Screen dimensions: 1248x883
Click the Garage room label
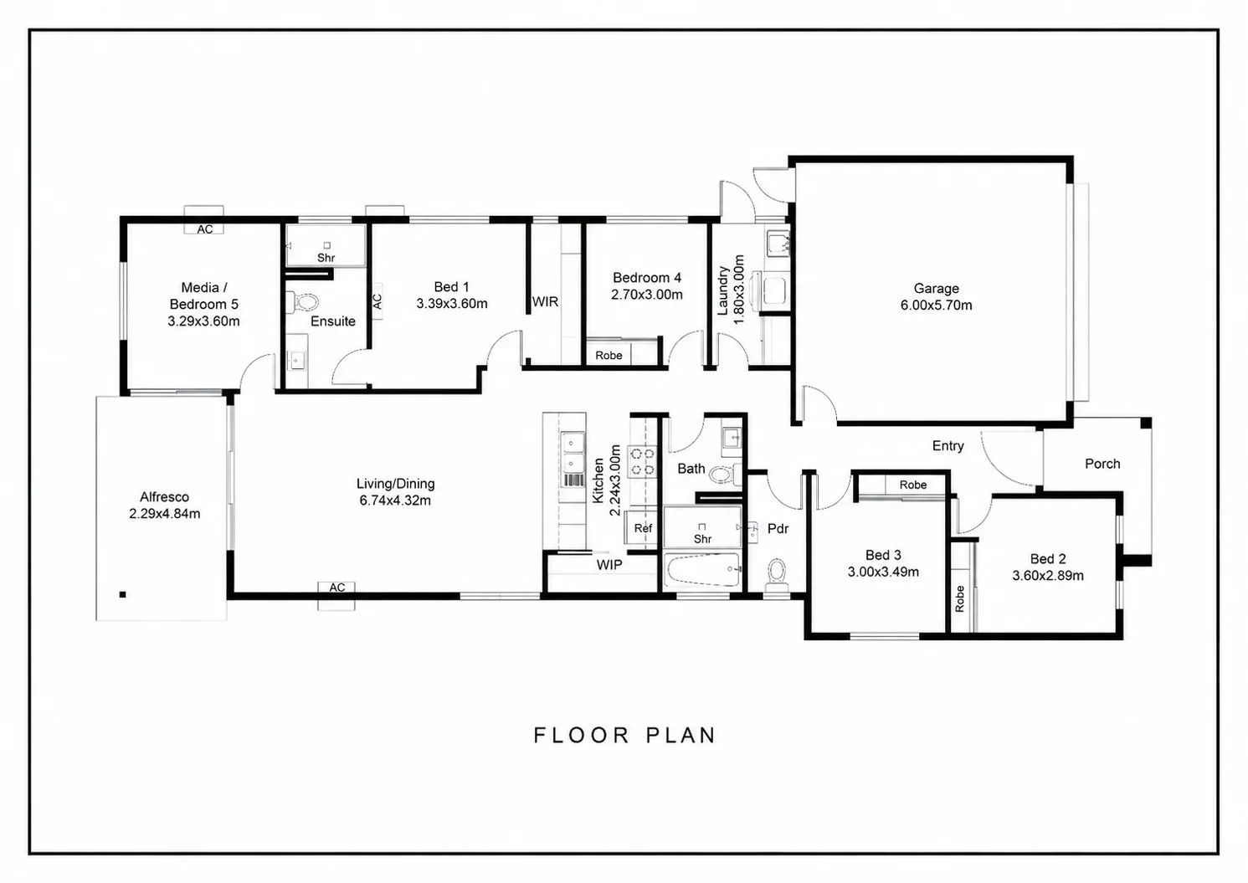(x=936, y=289)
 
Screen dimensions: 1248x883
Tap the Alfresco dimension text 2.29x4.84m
(x=164, y=514)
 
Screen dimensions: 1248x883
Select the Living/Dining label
(x=396, y=484)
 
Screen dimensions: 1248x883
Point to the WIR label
(x=545, y=302)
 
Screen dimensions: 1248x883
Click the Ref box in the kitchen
(x=643, y=527)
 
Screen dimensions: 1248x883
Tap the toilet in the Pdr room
(x=777, y=576)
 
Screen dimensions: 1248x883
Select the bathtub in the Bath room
(x=702, y=570)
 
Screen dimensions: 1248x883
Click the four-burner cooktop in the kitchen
(x=642, y=462)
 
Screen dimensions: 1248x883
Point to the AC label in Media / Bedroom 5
(x=204, y=229)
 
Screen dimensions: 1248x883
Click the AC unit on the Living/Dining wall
(x=336, y=596)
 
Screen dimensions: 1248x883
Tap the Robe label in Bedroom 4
(x=609, y=356)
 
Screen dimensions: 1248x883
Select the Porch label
(x=1102, y=464)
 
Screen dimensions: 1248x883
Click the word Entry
(x=948, y=445)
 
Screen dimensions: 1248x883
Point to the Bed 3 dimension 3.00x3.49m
(x=883, y=572)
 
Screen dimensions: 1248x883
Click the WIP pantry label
(x=609, y=565)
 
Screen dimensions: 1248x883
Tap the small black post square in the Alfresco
(x=122, y=594)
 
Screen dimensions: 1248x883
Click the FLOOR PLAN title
(x=624, y=736)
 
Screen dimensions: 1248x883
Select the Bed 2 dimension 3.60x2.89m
(x=1047, y=576)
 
